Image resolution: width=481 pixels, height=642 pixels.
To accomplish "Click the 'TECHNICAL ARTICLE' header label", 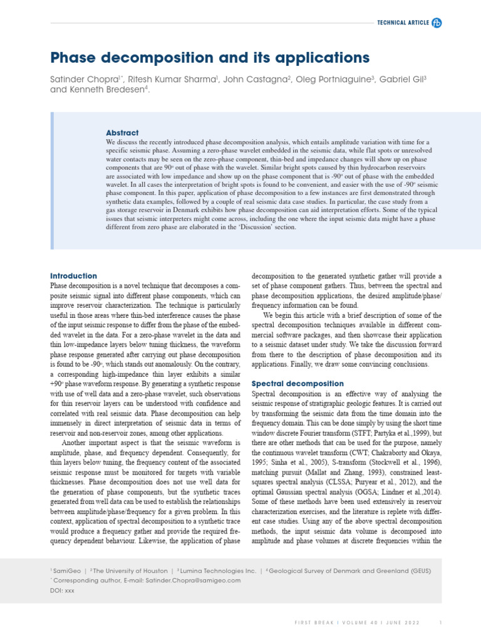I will pos(402,23).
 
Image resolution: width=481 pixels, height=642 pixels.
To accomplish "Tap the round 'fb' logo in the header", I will pos(437,23).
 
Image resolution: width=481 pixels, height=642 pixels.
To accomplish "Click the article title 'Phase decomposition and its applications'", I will pos(210,58).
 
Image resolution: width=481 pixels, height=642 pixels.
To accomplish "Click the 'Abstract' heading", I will pos(122,133).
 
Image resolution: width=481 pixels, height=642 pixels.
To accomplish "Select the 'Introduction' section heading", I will pos(73,276).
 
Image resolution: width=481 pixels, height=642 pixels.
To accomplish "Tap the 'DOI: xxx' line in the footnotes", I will pos(62,591).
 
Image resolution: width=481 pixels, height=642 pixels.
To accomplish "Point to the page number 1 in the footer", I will pos(441,623).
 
